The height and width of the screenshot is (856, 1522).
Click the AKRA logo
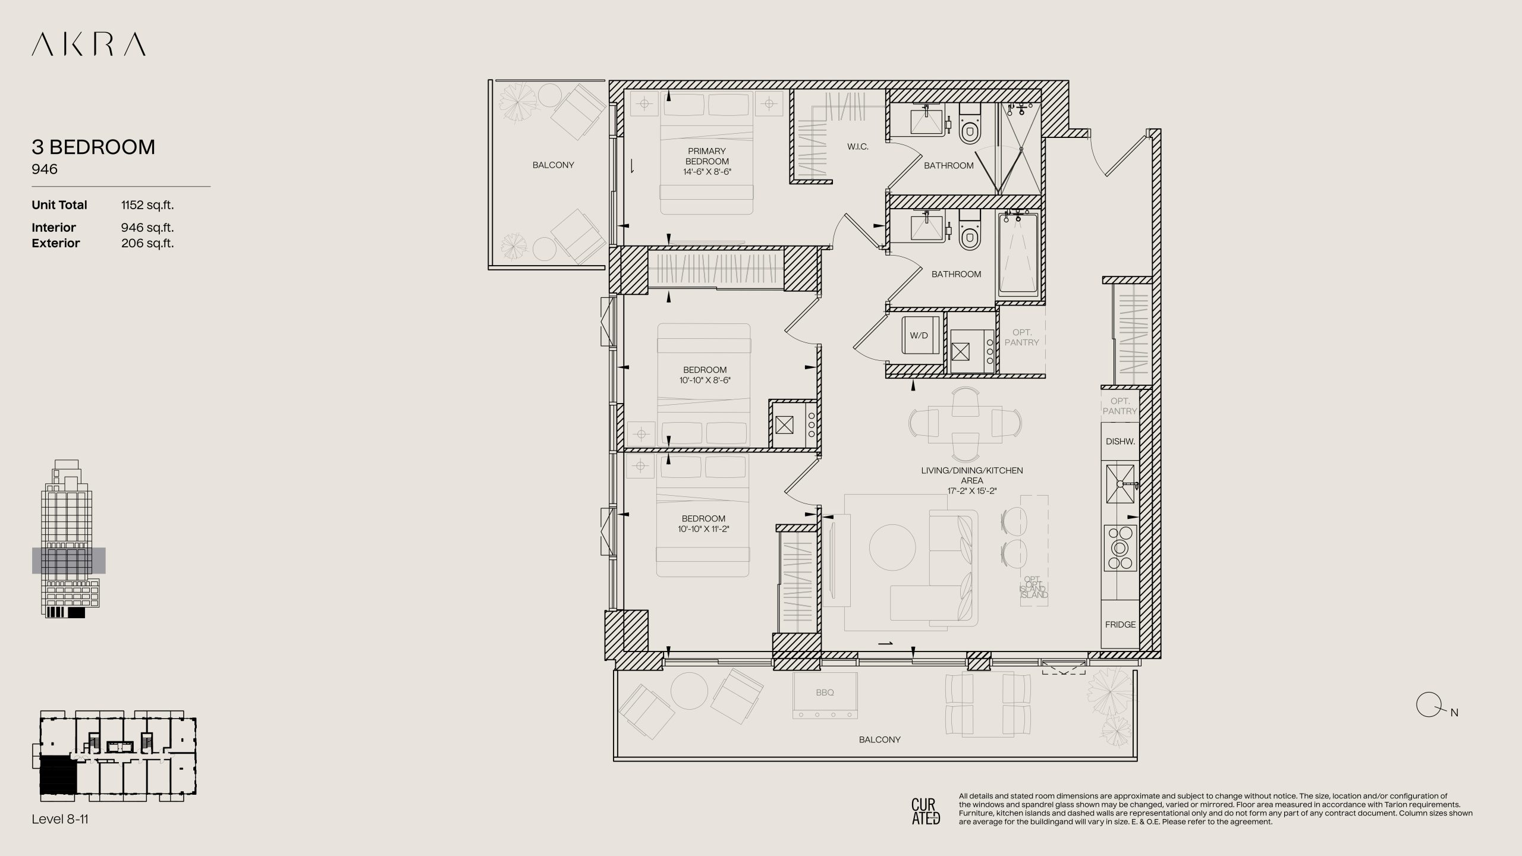pyautogui.click(x=89, y=45)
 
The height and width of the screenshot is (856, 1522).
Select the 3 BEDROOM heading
pyautogui.click(x=93, y=147)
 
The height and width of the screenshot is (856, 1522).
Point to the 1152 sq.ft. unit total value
pyautogui.click(x=147, y=205)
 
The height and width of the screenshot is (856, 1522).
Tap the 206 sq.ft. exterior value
pyautogui.click(x=147, y=243)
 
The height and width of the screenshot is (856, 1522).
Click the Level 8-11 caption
pyautogui.click(x=60, y=819)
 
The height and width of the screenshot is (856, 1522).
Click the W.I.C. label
pyautogui.click(x=858, y=146)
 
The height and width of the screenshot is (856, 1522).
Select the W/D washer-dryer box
pyautogui.click(x=919, y=335)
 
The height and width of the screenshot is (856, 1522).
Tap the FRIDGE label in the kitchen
pyautogui.click(x=1120, y=625)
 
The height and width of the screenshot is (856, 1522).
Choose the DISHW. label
pyautogui.click(x=1120, y=442)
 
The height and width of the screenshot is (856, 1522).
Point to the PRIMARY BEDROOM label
pyautogui.click(x=707, y=156)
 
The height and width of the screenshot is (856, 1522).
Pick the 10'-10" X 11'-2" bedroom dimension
pyautogui.click(x=703, y=529)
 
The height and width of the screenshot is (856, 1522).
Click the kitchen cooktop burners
pyautogui.click(x=1120, y=547)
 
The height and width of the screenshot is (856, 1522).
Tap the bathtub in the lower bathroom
pyautogui.click(x=1018, y=254)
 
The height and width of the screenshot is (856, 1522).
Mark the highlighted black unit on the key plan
pyautogui.click(x=58, y=775)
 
